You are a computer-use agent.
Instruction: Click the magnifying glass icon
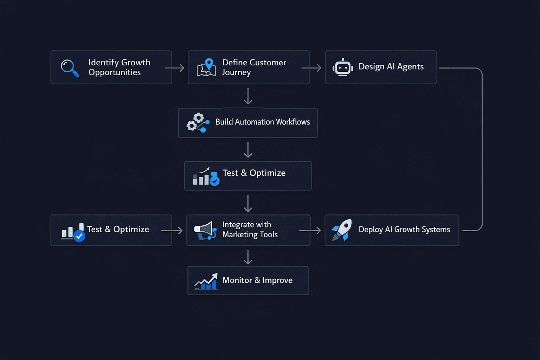click(x=70, y=67)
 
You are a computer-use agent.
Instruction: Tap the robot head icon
click(x=343, y=67)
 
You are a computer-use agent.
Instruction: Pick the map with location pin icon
click(x=206, y=67)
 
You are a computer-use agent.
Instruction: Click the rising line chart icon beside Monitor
click(x=206, y=282)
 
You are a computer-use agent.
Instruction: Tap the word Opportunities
click(x=115, y=72)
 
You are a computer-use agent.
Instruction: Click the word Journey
click(x=236, y=72)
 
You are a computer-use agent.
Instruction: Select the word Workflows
click(x=293, y=122)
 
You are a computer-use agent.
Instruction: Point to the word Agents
click(x=410, y=67)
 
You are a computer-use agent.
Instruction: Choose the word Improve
click(x=277, y=280)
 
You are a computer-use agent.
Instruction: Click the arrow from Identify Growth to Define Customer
click(x=174, y=68)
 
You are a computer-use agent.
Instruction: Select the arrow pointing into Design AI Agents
click(x=311, y=68)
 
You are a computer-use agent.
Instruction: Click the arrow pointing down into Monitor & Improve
click(x=248, y=257)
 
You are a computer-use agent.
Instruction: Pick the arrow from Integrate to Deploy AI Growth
click(x=310, y=231)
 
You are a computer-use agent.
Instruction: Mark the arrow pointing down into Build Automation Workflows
click(x=248, y=96)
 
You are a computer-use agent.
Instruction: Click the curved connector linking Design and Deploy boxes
click(x=482, y=148)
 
